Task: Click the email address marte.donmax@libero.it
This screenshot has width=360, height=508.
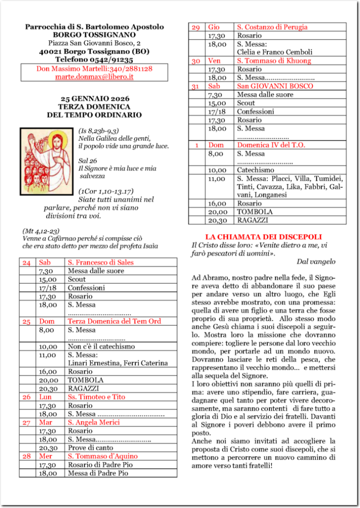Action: [94, 77]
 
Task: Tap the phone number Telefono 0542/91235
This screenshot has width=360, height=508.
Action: [94, 60]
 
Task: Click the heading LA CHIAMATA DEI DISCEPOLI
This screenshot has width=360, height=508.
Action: [263, 237]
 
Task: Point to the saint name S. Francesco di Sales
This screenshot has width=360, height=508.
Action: [101, 262]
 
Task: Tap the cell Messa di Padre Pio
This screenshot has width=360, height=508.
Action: [98, 473]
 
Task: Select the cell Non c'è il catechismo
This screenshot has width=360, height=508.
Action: [101, 346]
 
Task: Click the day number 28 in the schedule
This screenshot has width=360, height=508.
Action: [27, 456]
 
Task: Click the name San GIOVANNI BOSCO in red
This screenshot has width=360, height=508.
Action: [271, 86]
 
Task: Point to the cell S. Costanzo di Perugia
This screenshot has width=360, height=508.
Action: [272, 27]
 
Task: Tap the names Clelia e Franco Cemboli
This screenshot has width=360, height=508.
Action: [275, 52]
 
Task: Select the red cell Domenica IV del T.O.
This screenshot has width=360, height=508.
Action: [271, 145]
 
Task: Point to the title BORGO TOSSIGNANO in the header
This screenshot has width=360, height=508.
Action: [94, 35]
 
